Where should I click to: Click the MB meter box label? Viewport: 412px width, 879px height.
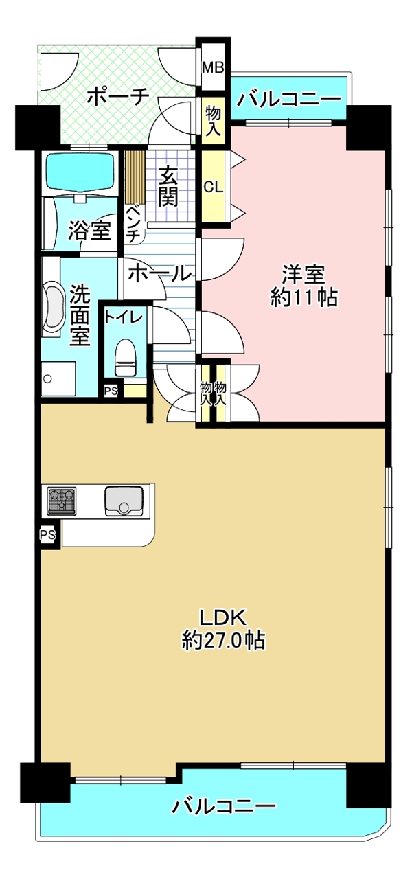213,68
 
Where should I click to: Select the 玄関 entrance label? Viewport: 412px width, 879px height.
168,185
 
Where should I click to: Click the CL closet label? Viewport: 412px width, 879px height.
213,187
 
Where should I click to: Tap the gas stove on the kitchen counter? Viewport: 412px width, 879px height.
62,501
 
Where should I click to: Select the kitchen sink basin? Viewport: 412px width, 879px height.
122,501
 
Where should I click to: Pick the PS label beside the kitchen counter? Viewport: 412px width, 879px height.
48,534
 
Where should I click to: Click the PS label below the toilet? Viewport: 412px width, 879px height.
111,391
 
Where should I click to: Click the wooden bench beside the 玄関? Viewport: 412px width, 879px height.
135,178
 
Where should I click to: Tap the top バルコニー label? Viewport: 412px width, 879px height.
288,99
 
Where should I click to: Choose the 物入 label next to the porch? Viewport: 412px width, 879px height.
214,122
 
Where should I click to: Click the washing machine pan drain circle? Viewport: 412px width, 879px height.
48,378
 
